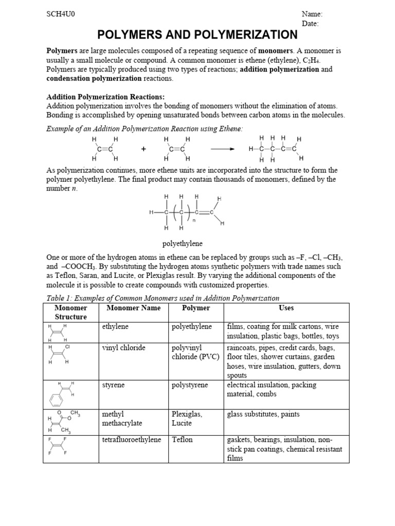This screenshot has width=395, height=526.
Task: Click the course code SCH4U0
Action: click(x=61, y=14)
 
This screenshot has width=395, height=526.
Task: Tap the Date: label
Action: click(x=311, y=23)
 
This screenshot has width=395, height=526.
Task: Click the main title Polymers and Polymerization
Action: click(x=197, y=35)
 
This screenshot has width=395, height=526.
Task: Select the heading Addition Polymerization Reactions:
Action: click(x=105, y=97)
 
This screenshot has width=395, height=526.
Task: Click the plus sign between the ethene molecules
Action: click(x=143, y=149)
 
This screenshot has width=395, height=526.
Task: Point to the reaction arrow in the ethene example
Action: click(x=222, y=149)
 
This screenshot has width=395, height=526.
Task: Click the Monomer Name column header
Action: click(x=134, y=308)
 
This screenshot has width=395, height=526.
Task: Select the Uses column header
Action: click(x=286, y=308)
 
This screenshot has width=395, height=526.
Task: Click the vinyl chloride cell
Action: click(x=124, y=348)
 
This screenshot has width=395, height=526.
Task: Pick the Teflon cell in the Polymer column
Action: click(x=182, y=440)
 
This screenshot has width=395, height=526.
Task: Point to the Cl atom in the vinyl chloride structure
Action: click(x=67, y=347)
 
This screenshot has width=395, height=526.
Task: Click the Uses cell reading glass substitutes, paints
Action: click(x=263, y=414)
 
